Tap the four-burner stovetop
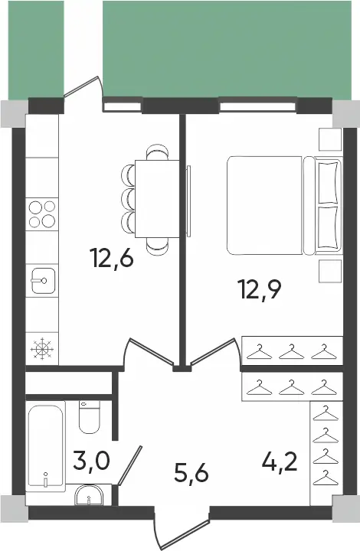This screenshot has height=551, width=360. click(x=42, y=213)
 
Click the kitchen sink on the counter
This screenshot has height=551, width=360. click(x=42, y=281)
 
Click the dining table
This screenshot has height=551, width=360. click(x=157, y=199)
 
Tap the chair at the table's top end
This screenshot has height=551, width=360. click(x=158, y=152)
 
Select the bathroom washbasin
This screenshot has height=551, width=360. click(x=91, y=498)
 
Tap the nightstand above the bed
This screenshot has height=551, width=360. click(x=329, y=139)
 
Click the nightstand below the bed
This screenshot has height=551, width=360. click(x=329, y=271)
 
